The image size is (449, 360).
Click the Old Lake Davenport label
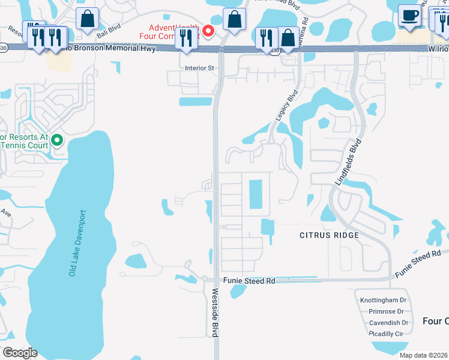click(78, 243)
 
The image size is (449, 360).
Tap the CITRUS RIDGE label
click(329, 235)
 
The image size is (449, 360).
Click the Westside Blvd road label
click(215, 313)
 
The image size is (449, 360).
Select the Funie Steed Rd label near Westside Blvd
click(249, 281)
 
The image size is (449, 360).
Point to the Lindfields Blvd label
click(349, 164)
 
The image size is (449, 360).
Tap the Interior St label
click(200, 68)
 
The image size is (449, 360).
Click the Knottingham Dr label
click(384, 300)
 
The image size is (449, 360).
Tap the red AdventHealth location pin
click(208, 31)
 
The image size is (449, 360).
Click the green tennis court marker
click(57, 140)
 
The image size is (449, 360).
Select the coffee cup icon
click(410, 16)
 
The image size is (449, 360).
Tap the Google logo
click(20, 353)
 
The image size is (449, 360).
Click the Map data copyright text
click(423, 355)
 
